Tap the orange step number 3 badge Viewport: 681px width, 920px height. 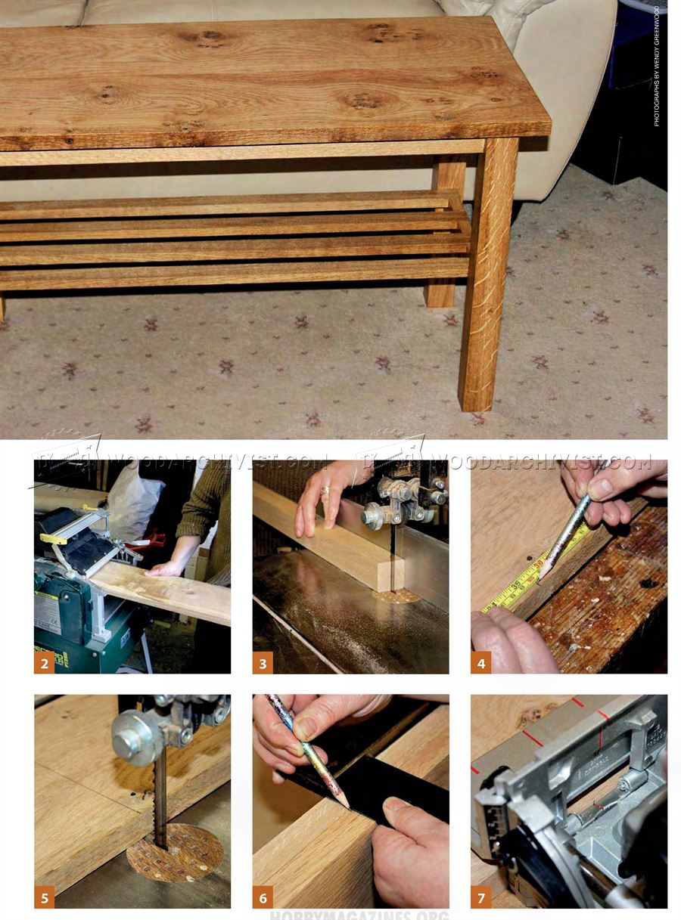(x=263, y=663)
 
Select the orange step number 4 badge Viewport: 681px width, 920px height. (x=481, y=663)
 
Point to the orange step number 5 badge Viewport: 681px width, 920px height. (x=45, y=897)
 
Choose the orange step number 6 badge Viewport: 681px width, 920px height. (x=263, y=897)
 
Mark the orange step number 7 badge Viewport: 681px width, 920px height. (x=481, y=897)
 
